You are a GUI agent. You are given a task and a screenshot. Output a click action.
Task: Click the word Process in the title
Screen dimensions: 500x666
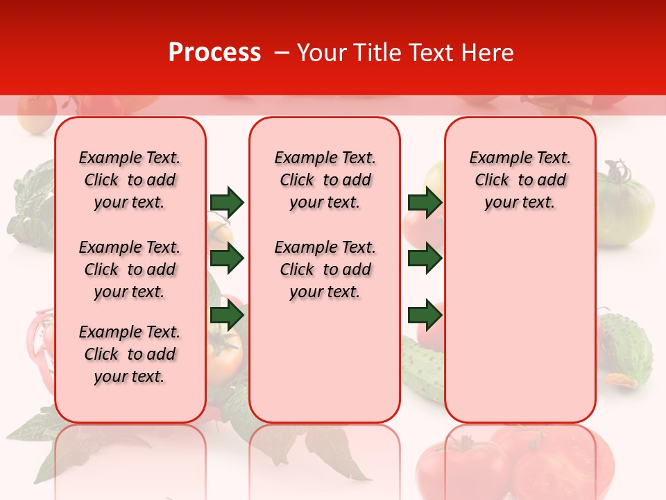click(x=214, y=52)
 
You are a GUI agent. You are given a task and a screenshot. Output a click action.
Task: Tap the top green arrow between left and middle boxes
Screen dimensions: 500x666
click(x=227, y=202)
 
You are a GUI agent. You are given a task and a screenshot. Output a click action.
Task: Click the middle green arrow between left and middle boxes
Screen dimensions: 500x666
click(x=227, y=259)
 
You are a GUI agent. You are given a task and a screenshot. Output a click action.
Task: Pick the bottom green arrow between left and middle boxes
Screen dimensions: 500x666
click(x=227, y=316)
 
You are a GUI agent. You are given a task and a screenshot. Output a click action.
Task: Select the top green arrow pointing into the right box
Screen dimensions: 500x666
click(x=425, y=202)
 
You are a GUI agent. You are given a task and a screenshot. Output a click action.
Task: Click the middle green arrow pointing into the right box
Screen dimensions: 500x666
click(x=425, y=259)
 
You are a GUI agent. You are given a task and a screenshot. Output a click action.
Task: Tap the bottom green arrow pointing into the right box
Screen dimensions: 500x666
click(x=425, y=316)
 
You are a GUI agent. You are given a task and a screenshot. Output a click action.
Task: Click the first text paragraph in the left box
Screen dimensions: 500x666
click(x=130, y=180)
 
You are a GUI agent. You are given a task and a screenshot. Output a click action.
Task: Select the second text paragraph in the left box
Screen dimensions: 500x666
click(x=130, y=269)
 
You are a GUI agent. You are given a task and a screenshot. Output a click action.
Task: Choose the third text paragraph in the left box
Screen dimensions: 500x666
click(x=130, y=354)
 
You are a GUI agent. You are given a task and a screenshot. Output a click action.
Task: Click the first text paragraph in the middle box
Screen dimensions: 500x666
click(x=325, y=180)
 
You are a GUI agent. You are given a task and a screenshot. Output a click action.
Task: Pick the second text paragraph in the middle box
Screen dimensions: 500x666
click(x=325, y=269)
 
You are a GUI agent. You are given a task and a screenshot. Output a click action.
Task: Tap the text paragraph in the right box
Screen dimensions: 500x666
click(x=520, y=180)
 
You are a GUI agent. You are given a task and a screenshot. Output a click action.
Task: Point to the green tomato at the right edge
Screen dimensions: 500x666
click(x=625, y=205)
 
